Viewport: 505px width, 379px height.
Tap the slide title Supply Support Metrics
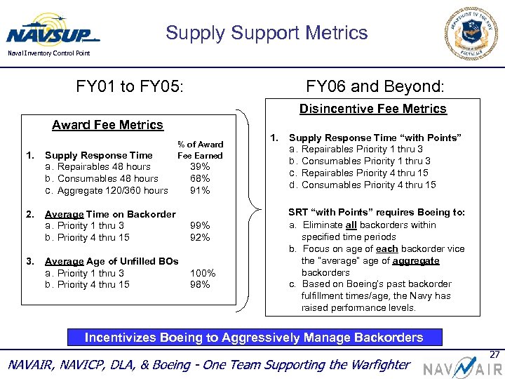[267, 33]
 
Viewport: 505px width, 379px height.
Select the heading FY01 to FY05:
[130, 87]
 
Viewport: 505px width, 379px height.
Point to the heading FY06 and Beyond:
[375, 87]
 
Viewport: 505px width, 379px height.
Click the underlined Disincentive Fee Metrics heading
[372, 109]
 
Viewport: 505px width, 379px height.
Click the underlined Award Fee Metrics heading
[107, 125]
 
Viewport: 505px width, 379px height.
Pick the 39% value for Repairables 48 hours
[201, 167]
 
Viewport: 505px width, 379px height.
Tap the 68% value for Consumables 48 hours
[201, 178]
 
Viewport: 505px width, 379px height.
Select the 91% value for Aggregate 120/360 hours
[201, 190]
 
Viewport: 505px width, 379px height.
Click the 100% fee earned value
[203, 273]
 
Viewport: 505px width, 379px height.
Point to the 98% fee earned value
[201, 284]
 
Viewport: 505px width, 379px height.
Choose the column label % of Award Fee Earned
[200, 150]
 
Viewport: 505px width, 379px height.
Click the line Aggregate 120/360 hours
[107, 190]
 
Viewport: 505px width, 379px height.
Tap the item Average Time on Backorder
[110, 214]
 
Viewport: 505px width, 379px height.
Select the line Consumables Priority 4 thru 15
[363, 185]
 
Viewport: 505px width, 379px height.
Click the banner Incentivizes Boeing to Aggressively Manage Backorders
[254, 338]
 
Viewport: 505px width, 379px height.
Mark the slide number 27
[495, 354]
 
